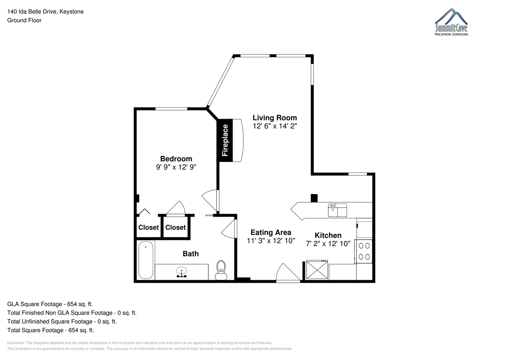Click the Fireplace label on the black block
(225, 140)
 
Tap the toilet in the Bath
(221, 270)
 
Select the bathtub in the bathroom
(145, 260)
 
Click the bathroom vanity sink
(182, 272)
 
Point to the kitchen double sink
(338, 210)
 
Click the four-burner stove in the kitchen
(364, 251)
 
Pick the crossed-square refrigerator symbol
(317, 270)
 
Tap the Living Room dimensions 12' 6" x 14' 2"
(275, 126)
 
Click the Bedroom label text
(176, 159)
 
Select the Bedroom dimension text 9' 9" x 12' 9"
(176, 167)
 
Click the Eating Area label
(271, 232)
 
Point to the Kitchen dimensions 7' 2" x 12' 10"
(328, 244)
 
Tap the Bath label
(190, 254)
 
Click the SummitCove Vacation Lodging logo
(451, 22)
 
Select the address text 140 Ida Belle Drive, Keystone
(45, 11)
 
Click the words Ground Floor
(24, 20)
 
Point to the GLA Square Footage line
(50, 304)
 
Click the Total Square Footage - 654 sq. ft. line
(50, 330)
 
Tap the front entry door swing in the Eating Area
(288, 272)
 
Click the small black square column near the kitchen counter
(314, 198)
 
